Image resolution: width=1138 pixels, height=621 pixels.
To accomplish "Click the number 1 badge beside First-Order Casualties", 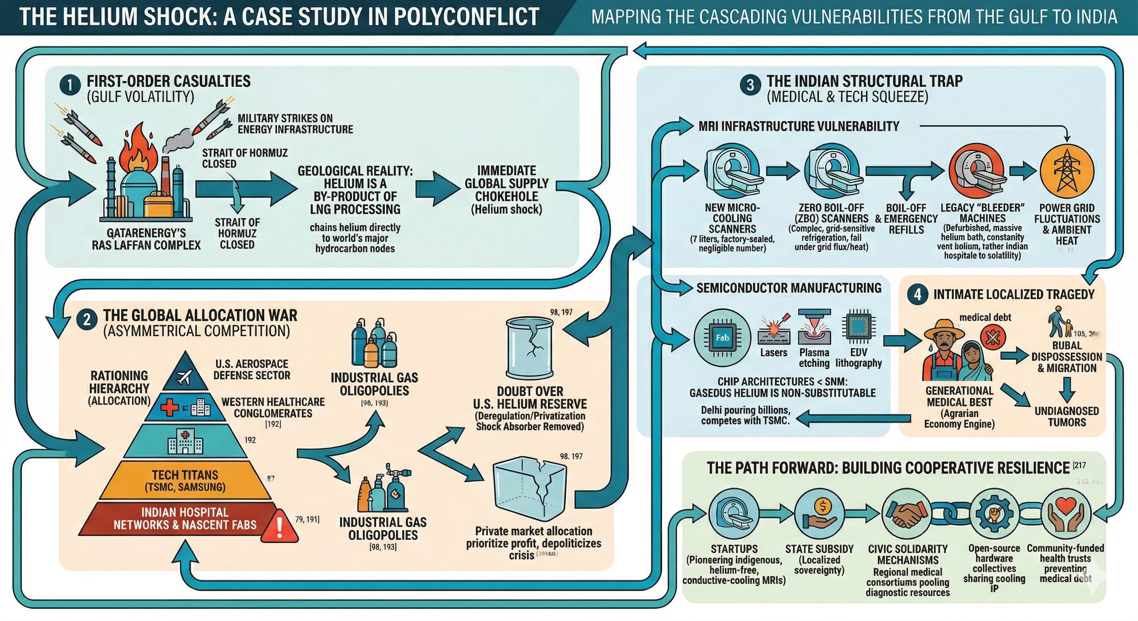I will pos(70,85).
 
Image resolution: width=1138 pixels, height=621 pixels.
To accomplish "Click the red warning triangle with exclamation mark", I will pos(280,526).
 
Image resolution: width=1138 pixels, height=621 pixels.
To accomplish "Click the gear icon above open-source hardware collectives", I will pos(994,514).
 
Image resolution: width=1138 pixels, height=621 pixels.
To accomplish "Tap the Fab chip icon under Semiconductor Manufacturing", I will pos(722,338).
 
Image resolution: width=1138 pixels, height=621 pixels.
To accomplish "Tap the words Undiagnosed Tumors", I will pos(1066,416).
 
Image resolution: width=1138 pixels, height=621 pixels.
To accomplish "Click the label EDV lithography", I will pos(858,357).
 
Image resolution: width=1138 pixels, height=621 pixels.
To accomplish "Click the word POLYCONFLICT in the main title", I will pos(466,17).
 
